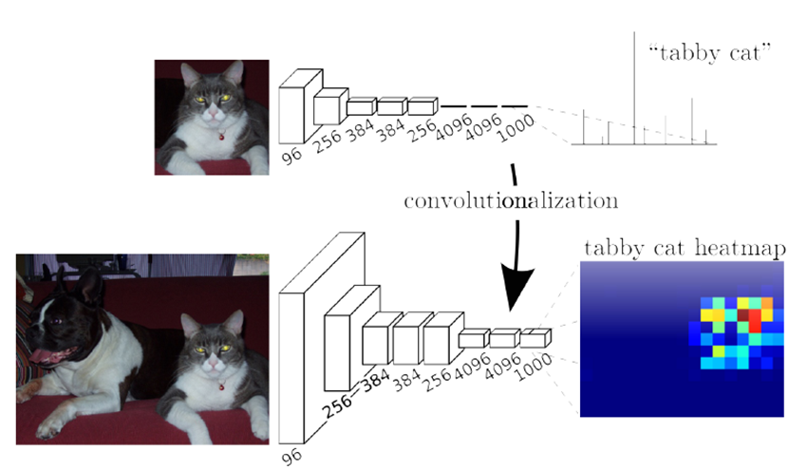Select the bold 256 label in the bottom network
[x=338, y=409]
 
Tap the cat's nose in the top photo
[x=217, y=114]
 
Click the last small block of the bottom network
[x=535, y=338]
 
